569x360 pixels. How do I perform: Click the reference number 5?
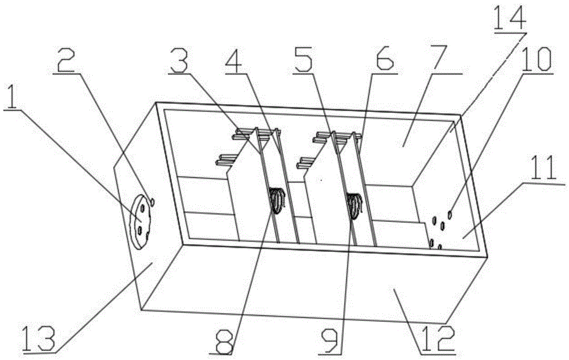304,60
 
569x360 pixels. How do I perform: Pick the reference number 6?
385,61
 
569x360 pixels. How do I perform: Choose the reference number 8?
222,341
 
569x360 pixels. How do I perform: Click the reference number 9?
331,340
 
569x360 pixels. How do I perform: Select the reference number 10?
535,60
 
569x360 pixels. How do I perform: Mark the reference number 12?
436,340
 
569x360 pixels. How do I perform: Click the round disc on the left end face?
140,222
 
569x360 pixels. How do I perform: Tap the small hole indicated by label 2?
152,201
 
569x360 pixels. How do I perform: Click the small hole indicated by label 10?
450,215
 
